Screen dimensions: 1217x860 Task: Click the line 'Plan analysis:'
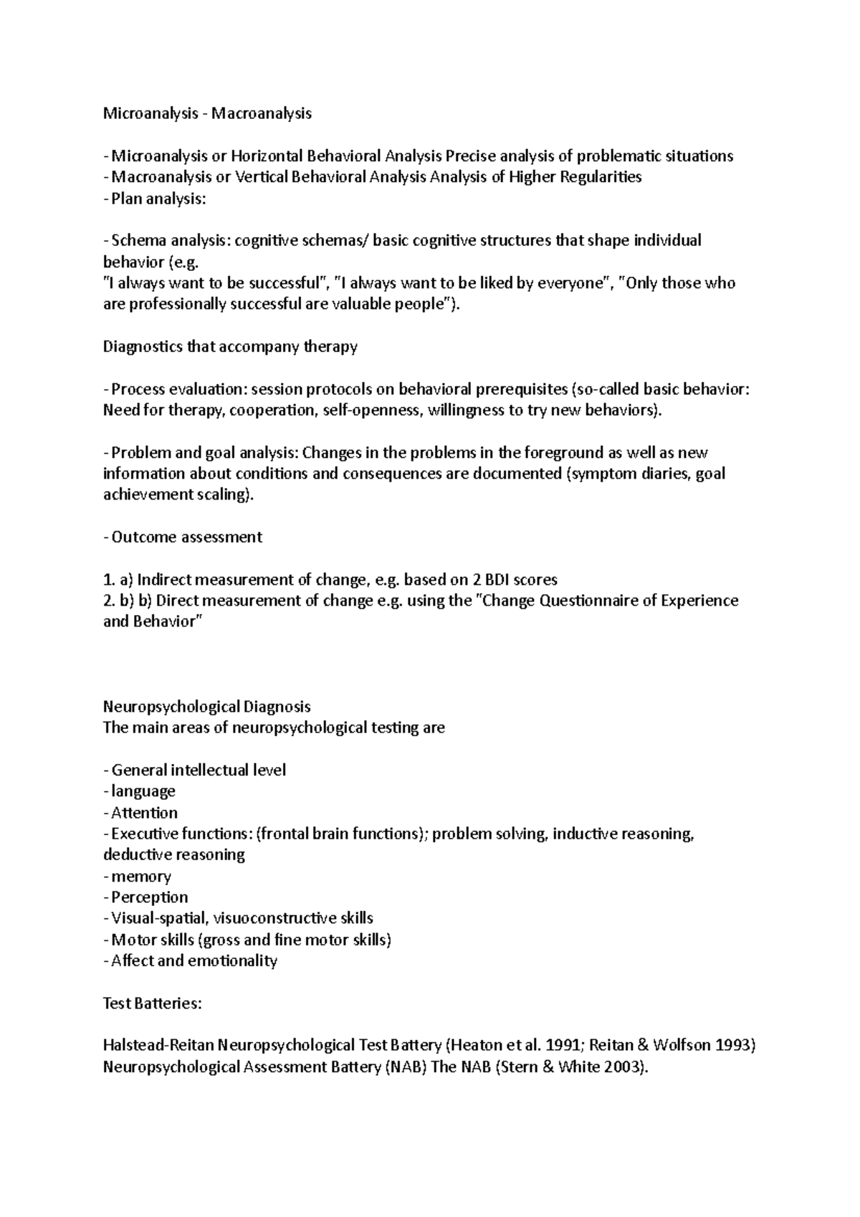(x=158, y=199)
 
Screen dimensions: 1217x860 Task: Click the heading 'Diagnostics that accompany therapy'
(x=230, y=347)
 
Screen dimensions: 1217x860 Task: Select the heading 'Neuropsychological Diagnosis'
(x=207, y=707)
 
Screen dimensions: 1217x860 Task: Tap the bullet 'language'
(x=143, y=791)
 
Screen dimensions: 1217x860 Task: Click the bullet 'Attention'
(x=144, y=813)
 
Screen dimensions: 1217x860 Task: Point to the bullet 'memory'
(x=140, y=877)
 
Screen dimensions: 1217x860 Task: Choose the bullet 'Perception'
(x=149, y=897)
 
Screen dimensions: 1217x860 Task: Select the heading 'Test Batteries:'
(x=153, y=1003)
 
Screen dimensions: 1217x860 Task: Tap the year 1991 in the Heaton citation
(x=563, y=1046)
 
